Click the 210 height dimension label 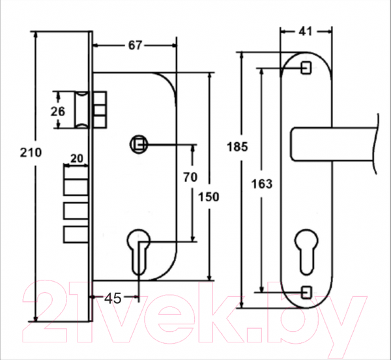[x=31, y=153]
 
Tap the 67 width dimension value [x=135, y=46]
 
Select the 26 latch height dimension [x=58, y=112]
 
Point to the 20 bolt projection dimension [x=76, y=158]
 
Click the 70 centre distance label [x=190, y=177]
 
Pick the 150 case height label [x=209, y=197]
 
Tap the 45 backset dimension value [x=113, y=298]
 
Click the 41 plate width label [x=305, y=32]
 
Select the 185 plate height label [x=237, y=147]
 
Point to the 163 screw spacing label [x=262, y=184]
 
